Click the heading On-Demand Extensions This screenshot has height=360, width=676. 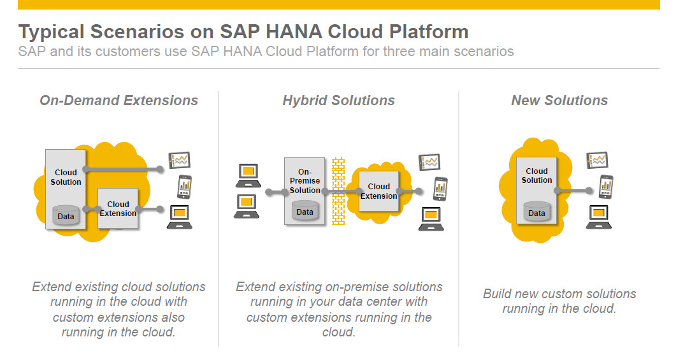coord(119,101)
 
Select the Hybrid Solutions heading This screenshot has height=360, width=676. coord(338,101)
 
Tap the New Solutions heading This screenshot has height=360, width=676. coord(559,101)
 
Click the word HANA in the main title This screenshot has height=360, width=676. coord(294,32)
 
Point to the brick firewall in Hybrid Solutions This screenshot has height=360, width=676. coord(338,191)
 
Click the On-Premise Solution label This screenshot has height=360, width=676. coord(305,181)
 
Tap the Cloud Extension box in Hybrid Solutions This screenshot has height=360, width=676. coord(378,191)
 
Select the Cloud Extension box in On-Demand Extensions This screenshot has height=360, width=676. coord(118,208)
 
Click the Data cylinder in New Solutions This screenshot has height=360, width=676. coord(536,212)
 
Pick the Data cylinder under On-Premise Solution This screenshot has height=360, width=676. coord(305,211)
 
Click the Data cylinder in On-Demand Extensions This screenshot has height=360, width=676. coord(66,215)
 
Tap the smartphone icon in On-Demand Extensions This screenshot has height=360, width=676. coord(185,187)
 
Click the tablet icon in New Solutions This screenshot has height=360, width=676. coord(597,161)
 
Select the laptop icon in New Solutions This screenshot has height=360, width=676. coord(599,217)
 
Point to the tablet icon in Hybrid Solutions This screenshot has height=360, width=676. coord(429,162)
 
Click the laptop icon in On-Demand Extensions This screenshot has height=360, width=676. coord(179,217)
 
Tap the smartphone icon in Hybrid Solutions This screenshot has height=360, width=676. coord(440,189)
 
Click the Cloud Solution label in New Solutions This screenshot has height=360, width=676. coord(536,175)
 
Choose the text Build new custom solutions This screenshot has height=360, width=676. coord(559,294)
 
